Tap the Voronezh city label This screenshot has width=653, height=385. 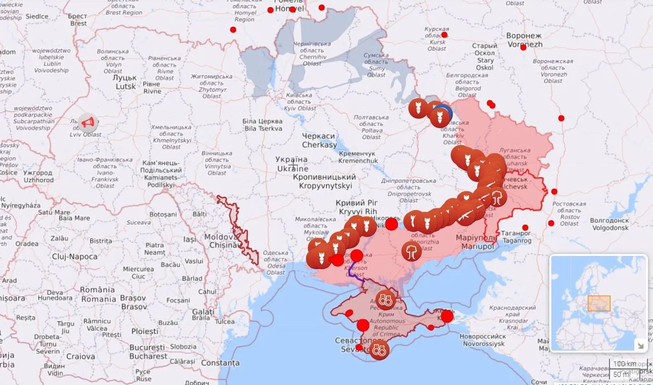pos(524,40)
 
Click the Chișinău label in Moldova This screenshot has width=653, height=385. pos(221,241)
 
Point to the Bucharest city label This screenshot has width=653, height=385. pos(148,352)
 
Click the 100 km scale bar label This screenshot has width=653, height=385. pos(624,364)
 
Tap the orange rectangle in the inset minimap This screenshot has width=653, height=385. pos(599,303)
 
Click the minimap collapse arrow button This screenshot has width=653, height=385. pos(640,346)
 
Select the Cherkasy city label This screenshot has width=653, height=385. pos(319,141)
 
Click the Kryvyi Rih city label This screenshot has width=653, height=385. pos(356,207)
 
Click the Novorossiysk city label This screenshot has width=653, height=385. pos(482,340)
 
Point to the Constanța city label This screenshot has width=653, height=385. pos(220,363)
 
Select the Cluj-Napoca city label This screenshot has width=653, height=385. pos(75,256)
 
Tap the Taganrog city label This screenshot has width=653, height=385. pos(516,237)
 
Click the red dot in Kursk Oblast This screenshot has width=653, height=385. pos(444,35)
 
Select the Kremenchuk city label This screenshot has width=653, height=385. pos(358,157)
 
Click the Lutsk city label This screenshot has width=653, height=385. pos(125,82)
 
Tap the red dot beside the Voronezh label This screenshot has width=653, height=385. pos(523,48)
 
